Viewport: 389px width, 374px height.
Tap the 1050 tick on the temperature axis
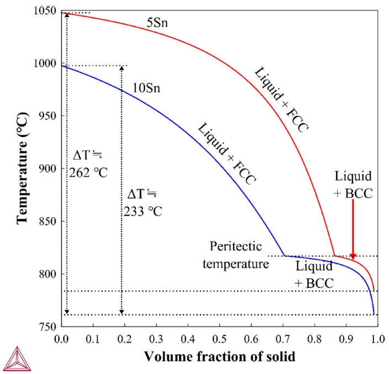coord(45,11)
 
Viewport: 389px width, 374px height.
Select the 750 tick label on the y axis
coord(46,328)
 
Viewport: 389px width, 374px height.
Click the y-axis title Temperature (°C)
coord(23,170)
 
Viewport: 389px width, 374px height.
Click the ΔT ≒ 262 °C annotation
coord(89,165)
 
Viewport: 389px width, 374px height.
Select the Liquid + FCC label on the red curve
coord(282,100)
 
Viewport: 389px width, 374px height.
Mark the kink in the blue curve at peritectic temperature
coord(284,255)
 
